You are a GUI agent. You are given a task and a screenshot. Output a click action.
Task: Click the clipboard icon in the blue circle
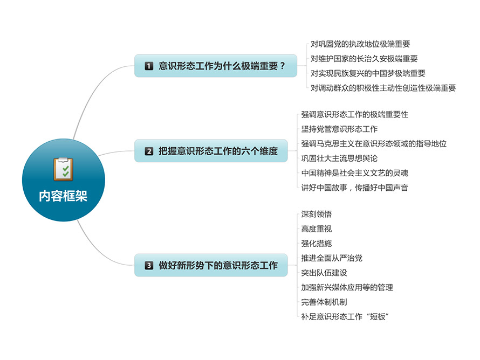(x=63, y=169)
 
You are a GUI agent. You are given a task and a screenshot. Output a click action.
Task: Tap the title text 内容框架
(x=63, y=196)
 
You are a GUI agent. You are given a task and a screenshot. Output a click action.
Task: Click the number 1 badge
(x=149, y=66)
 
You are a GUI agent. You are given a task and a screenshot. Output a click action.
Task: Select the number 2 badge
(x=149, y=151)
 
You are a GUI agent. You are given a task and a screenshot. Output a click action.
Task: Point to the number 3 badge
(x=149, y=266)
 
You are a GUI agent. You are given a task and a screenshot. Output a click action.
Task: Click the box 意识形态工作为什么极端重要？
(x=216, y=66)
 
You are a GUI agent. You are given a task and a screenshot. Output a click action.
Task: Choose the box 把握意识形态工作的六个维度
(x=211, y=151)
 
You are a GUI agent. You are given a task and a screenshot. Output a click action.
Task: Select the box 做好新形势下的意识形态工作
(x=211, y=265)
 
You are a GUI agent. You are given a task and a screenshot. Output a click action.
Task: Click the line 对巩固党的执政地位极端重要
(x=360, y=44)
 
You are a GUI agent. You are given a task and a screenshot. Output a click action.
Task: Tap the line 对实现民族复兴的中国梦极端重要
(x=368, y=73)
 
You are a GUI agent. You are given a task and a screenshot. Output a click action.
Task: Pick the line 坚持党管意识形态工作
(x=339, y=129)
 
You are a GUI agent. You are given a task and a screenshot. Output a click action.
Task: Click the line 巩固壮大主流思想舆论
(x=339, y=158)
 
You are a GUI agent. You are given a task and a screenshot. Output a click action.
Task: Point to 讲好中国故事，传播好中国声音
(x=354, y=188)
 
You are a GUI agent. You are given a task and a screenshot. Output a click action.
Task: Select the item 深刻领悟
(x=316, y=214)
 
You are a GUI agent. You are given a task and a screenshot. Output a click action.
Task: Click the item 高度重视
(x=316, y=229)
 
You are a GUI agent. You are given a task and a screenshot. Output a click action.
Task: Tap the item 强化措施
(x=316, y=244)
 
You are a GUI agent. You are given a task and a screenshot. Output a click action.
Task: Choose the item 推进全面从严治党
(x=332, y=258)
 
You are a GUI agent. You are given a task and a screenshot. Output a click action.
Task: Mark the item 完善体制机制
(x=324, y=302)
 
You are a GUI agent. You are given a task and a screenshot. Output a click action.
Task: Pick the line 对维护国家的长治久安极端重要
(x=364, y=59)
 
